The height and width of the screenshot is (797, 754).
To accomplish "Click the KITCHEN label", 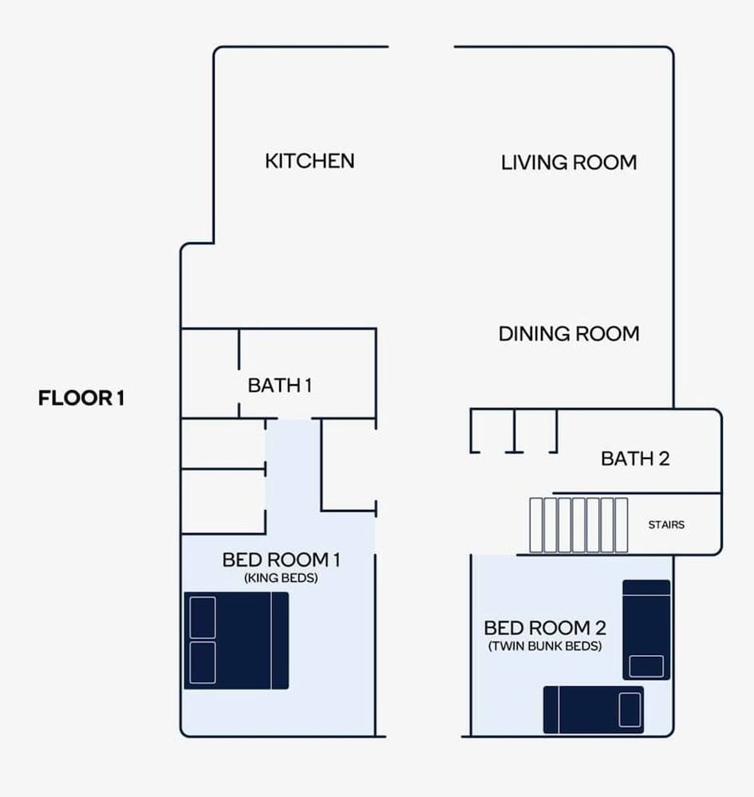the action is [x=310, y=161].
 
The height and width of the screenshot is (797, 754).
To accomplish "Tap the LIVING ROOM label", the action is [x=569, y=163].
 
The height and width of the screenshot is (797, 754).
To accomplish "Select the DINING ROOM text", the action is [x=569, y=334].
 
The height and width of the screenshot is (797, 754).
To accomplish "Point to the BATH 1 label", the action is [x=280, y=385].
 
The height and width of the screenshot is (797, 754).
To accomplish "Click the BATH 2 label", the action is [x=635, y=458].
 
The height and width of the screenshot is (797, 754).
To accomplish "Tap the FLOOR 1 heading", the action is [x=81, y=398].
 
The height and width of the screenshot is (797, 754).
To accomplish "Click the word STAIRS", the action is [x=666, y=524].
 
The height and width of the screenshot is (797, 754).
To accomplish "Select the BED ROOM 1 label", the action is [x=282, y=559].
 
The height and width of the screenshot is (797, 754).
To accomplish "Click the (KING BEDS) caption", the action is [x=281, y=578].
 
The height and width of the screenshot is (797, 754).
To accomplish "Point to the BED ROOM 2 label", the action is [x=545, y=628].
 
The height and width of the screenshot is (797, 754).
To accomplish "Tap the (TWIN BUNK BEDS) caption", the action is [x=545, y=646].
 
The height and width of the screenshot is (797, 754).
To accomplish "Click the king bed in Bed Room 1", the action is [x=237, y=641].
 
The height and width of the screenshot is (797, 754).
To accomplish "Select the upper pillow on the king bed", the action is [x=203, y=617].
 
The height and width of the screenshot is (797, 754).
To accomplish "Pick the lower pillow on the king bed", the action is [x=203, y=663].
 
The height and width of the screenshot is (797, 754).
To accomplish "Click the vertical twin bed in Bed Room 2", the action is [x=646, y=630].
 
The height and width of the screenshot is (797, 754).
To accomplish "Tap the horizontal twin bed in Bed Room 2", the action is [x=594, y=709].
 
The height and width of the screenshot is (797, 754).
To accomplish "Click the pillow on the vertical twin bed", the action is [x=646, y=666].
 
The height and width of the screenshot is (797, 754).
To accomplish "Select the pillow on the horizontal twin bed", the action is [x=630, y=709].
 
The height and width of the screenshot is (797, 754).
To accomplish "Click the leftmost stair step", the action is [x=536, y=525].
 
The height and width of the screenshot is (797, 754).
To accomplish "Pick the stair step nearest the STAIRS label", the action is [x=622, y=525].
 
